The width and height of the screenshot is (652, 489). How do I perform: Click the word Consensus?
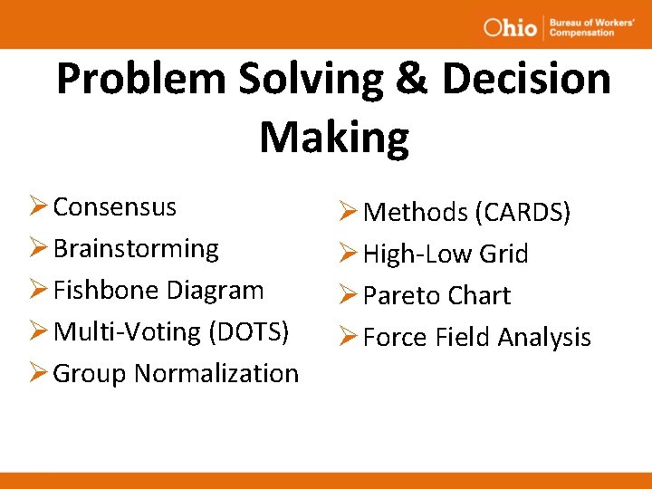[x=114, y=207]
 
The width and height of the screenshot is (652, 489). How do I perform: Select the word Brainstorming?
[x=136, y=249]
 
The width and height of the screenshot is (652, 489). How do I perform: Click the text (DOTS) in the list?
[x=249, y=332]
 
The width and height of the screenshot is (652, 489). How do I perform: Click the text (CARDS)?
[x=523, y=213]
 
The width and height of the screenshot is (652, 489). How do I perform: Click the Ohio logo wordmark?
[x=510, y=27]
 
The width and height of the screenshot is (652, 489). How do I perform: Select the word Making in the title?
[x=333, y=138]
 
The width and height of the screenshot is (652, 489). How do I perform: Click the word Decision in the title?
[x=526, y=80]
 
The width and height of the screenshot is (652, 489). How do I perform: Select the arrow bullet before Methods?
[x=349, y=213]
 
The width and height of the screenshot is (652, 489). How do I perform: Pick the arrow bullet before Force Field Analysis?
[x=349, y=338]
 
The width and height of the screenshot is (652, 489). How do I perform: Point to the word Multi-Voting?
[x=128, y=332]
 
